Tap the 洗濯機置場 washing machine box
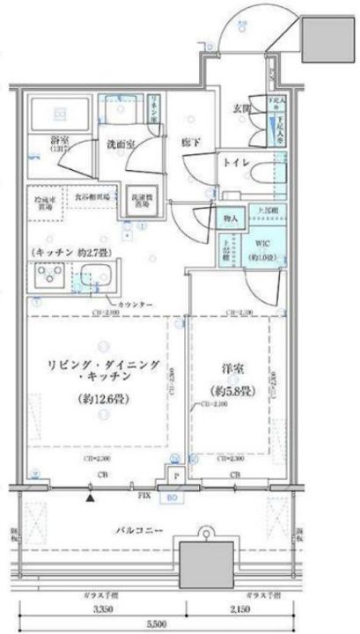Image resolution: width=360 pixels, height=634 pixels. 140,201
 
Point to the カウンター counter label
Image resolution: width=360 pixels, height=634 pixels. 130,305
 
